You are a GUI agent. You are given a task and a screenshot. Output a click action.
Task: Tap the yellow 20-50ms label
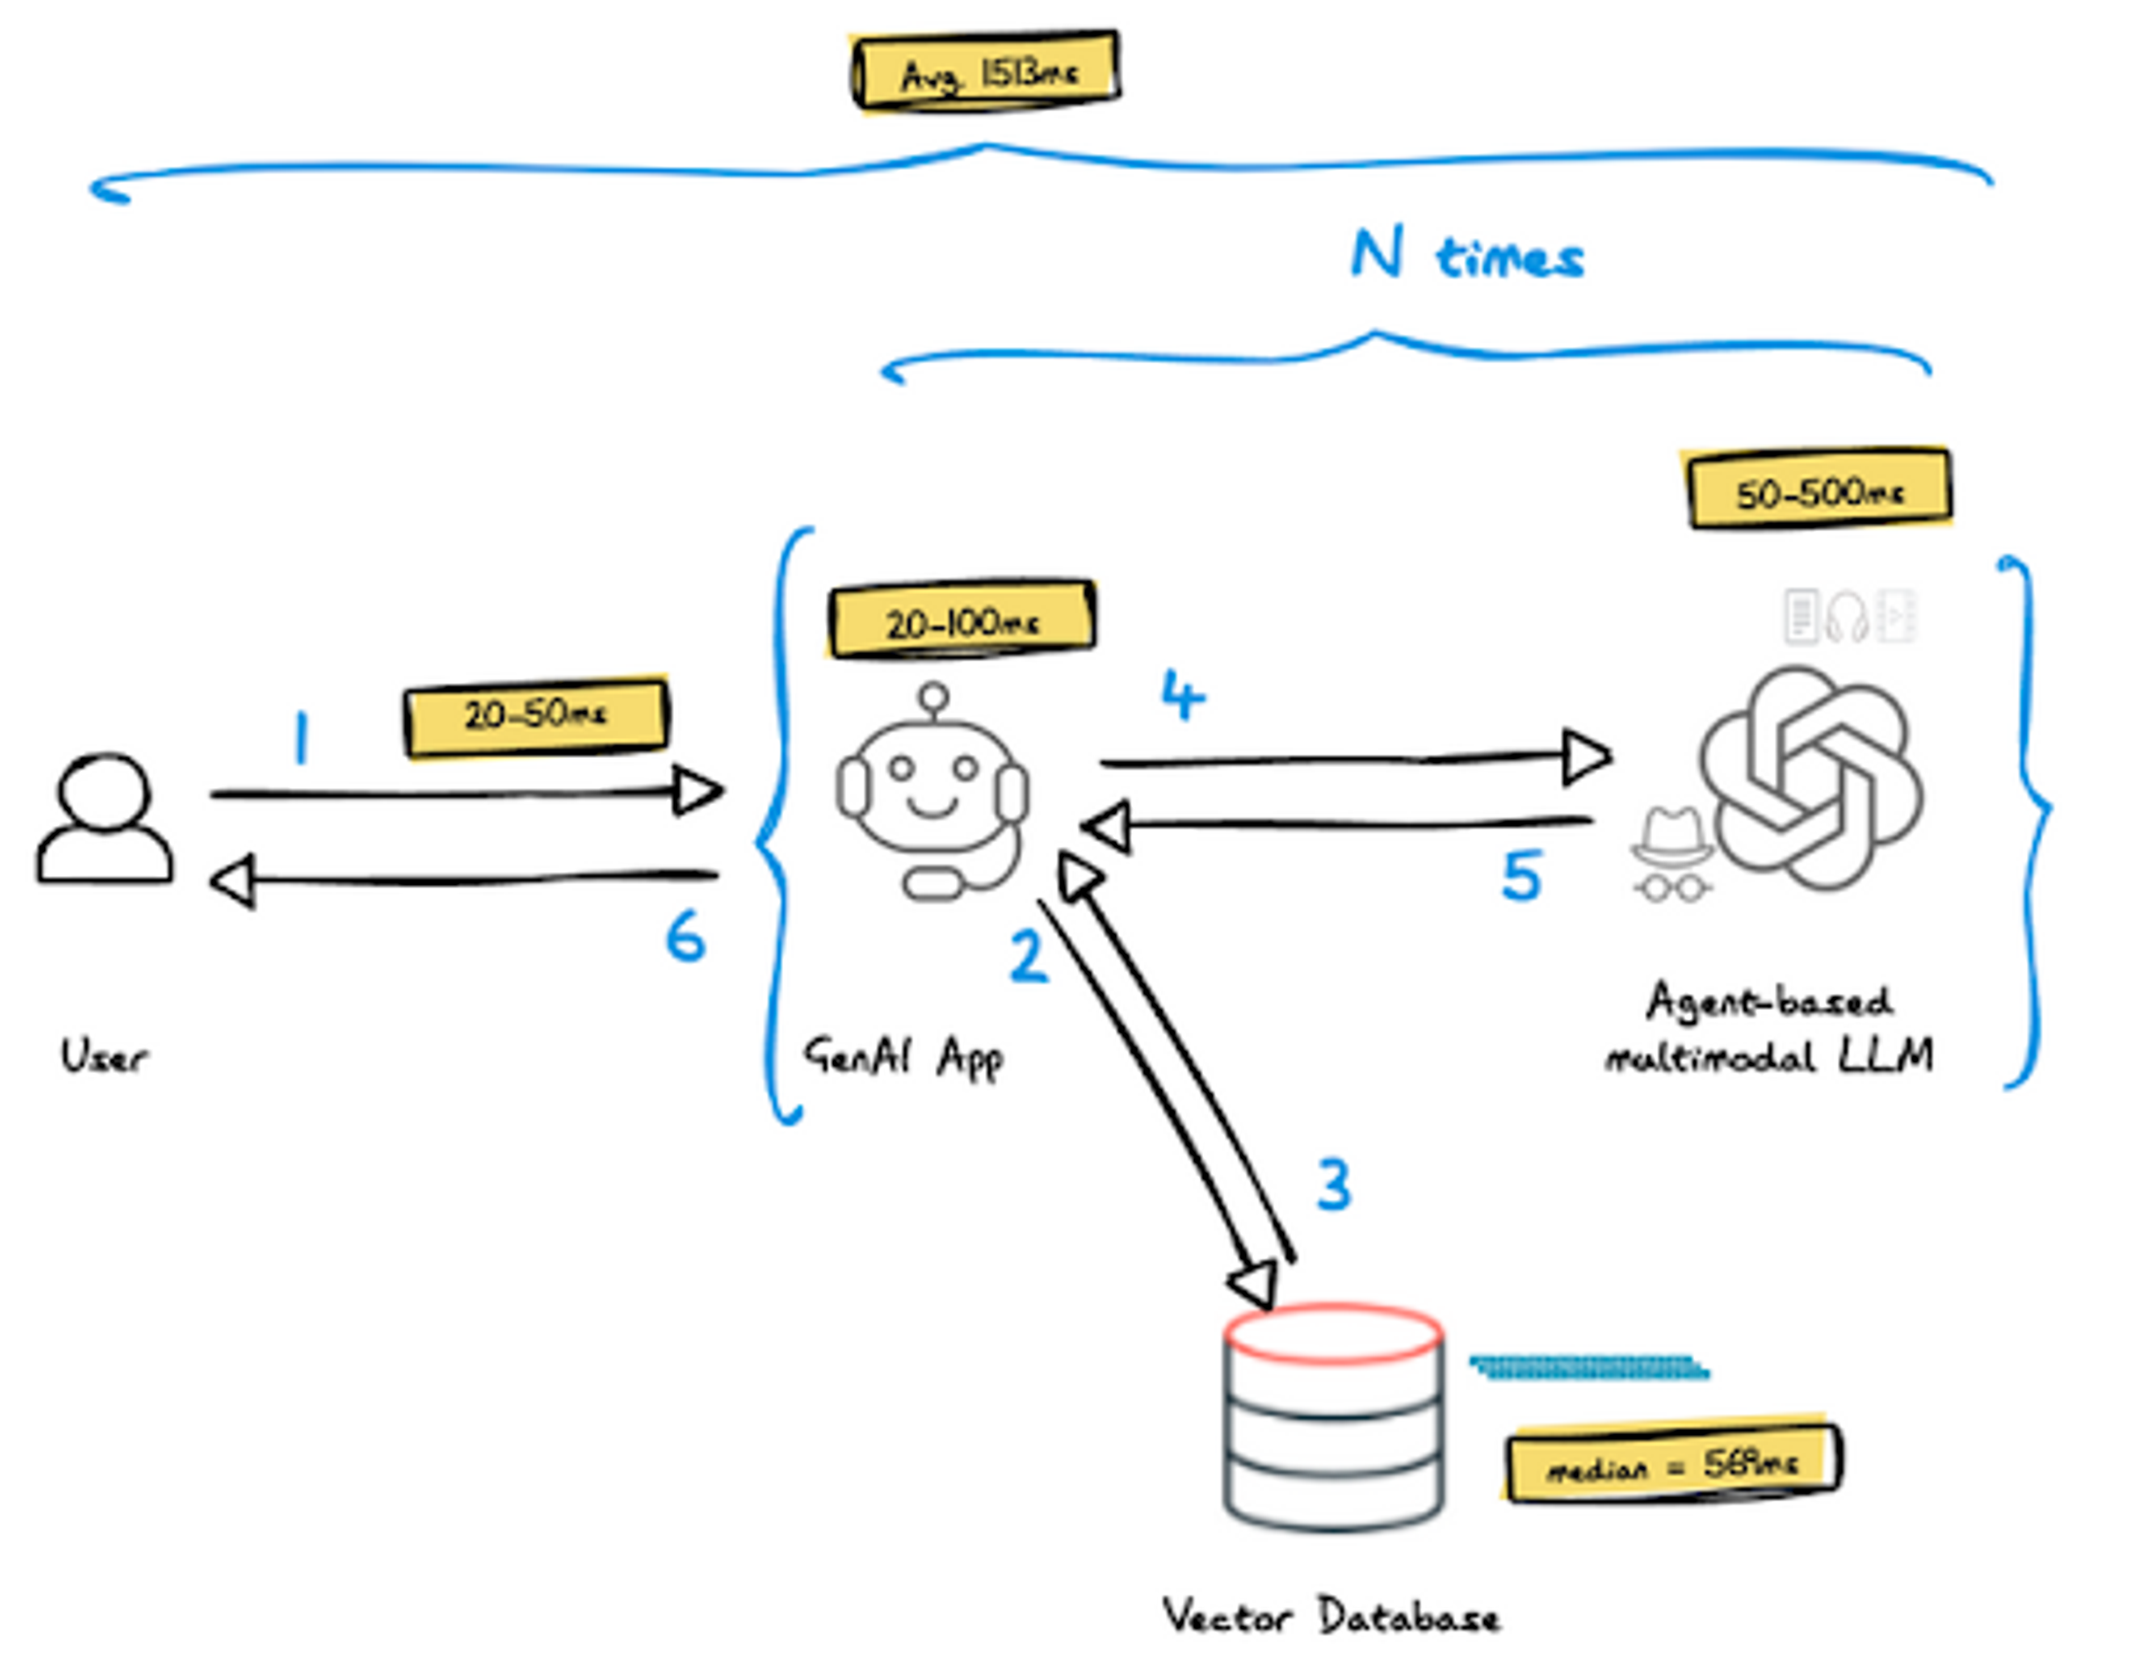click(536, 716)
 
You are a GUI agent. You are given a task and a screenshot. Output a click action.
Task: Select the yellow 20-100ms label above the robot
click(962, 620)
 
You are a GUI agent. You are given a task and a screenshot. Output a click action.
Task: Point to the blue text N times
click(1467, 256)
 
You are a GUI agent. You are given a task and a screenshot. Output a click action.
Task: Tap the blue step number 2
click(1029, 956)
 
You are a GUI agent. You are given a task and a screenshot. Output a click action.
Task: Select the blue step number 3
click(1334, 1184)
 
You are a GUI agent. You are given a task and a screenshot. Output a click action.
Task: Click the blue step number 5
click(1521, 875)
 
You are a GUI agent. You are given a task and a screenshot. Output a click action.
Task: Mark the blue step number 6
click(685, 936)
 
